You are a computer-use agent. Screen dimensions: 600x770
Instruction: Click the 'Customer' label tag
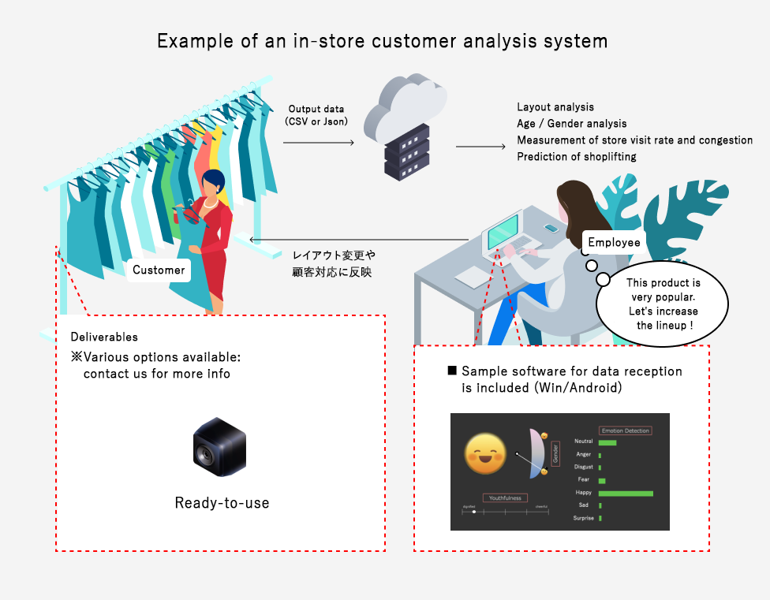(159, 270)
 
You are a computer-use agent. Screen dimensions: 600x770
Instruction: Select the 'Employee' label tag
(614, 242)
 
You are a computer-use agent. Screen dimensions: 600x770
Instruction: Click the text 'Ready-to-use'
(222, 502)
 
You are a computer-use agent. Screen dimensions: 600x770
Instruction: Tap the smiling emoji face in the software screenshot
(485, 454)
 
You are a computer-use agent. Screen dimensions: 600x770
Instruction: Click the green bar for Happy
(626, 494)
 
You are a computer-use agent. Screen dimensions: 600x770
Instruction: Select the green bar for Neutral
(607, 442)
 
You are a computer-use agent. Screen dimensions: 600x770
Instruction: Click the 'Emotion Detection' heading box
(626, 430)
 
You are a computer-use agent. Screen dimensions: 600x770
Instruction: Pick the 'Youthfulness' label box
(505, 498)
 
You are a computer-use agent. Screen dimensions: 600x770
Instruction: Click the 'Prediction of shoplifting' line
(577, 157)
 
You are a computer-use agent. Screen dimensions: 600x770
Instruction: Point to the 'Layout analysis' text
(555, 107)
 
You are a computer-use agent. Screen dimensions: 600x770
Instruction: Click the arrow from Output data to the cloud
(318, 143)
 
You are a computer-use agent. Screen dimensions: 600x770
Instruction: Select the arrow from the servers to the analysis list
(480, 147)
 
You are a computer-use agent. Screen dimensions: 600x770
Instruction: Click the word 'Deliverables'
(104, 337)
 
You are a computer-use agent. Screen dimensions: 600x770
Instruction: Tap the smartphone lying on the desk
(551, 229)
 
